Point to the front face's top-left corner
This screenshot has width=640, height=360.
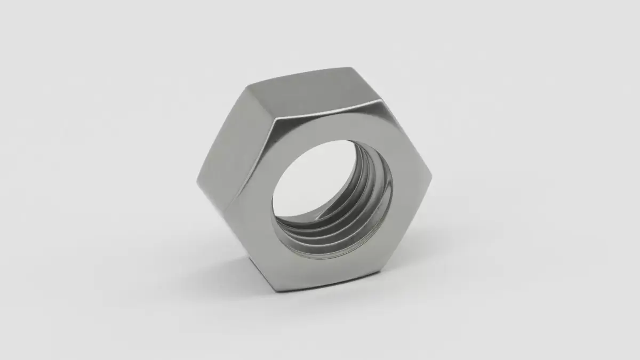tap(273, 122)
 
